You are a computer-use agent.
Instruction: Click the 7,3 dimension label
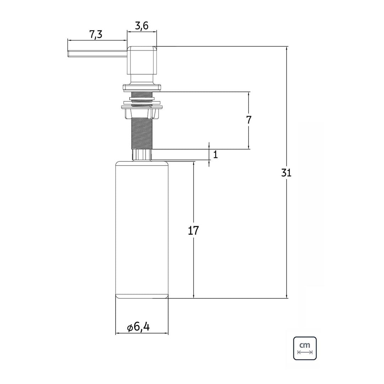96,35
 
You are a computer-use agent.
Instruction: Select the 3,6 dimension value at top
142,26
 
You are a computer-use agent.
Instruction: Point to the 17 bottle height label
193,231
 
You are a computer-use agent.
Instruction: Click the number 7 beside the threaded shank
249,120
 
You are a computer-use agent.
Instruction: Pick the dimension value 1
215,155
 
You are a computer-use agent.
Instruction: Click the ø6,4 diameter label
139,327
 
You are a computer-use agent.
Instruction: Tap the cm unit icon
305,348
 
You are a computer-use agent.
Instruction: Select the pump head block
142,60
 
